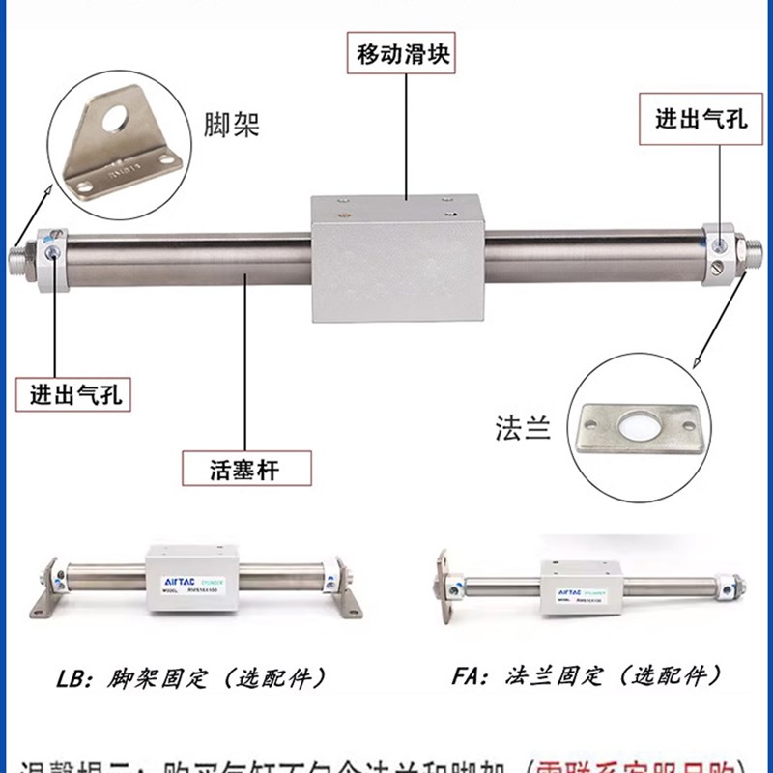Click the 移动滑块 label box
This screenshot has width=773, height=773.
[404, 53]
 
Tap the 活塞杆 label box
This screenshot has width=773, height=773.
[246, 469]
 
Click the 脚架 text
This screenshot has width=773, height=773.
[232, 125]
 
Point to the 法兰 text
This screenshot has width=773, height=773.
[523, 426]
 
